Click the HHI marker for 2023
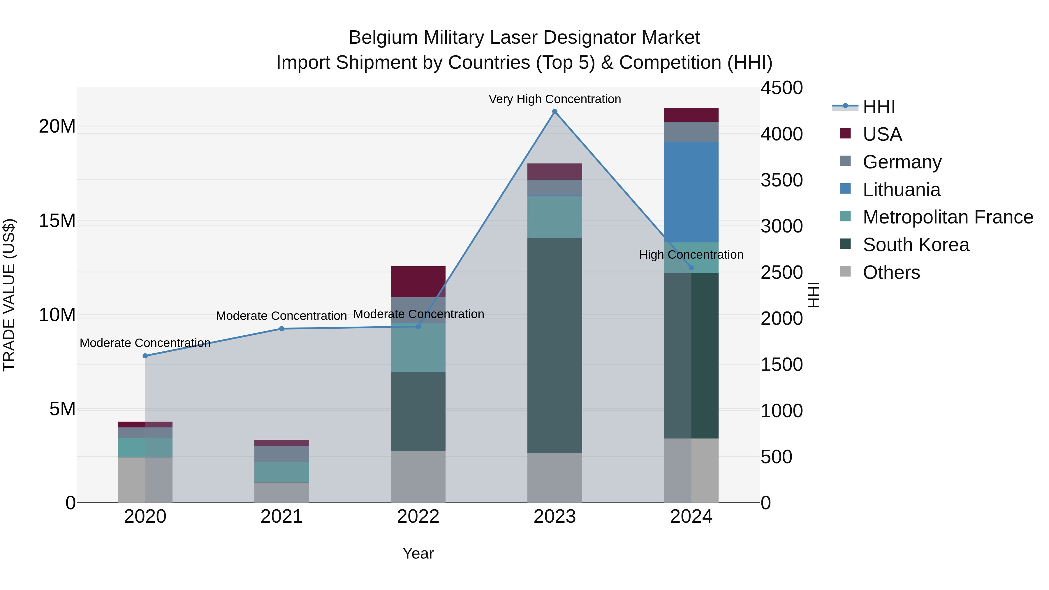555,112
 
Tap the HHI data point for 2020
145,356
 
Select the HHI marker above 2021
282,329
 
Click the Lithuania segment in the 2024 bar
691,192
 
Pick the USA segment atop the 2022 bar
418,282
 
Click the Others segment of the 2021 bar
282,493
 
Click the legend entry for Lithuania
901,190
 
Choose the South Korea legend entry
916,245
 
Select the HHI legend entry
879,107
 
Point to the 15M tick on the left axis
57,221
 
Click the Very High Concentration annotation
555,99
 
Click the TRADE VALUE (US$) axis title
9,295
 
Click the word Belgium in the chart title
383,38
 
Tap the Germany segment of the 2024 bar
691,132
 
